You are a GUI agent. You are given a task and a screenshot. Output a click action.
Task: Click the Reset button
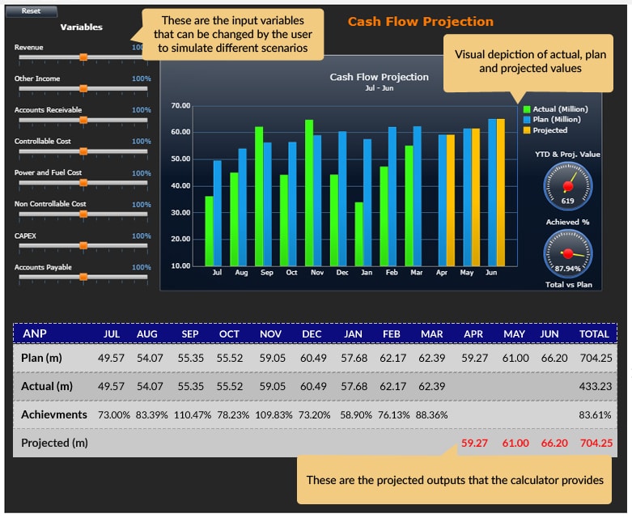[31, 11]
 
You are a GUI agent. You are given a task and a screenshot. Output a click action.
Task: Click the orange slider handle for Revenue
[83, 57]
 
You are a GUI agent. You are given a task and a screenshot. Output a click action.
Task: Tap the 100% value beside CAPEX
[142, 236]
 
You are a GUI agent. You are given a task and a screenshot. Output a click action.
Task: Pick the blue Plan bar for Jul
[217, 213]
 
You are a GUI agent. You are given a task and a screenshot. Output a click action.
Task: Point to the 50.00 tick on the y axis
[181, 159]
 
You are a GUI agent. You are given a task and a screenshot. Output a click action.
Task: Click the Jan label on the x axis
[367, 273]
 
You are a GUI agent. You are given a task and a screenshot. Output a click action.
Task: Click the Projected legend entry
[549, 130]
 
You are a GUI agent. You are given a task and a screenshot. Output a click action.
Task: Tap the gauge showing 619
[567, 186]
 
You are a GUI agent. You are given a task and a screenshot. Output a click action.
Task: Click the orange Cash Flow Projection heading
[420, 22]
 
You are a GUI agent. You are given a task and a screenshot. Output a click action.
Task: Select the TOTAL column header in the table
[594, 333]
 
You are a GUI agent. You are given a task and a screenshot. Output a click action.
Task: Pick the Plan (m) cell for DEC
[312, 358]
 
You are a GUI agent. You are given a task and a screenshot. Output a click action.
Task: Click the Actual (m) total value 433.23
[594, 386]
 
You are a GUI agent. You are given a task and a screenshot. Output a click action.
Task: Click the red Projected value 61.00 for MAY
[515, 443]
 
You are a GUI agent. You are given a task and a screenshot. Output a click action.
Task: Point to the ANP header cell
[34, 333]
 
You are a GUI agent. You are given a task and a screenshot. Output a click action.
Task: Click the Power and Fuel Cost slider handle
[83, 183]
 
